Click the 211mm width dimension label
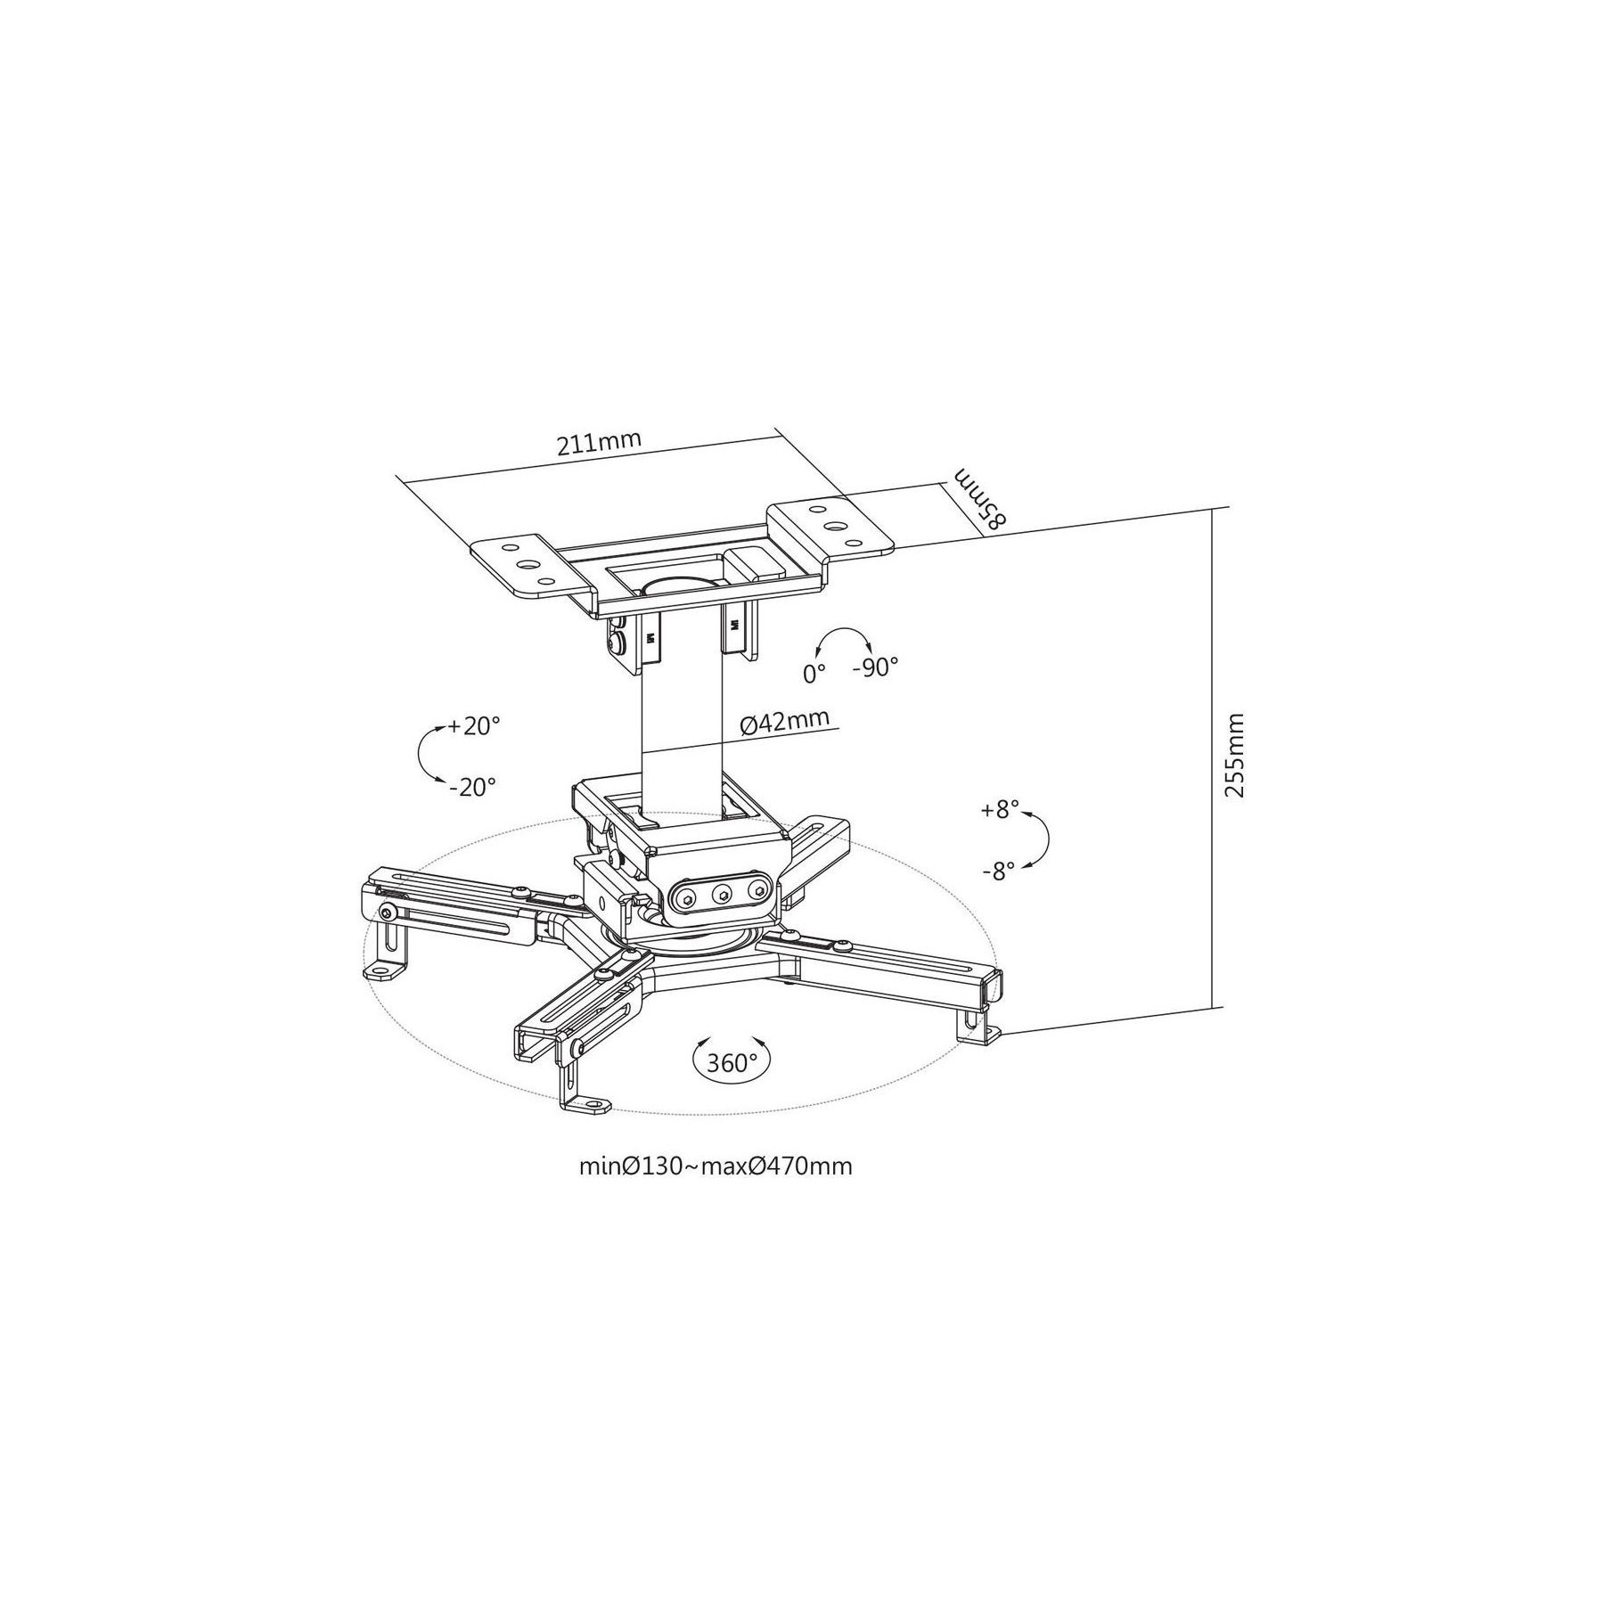599,444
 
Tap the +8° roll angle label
998,810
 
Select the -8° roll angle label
998,872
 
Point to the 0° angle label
814,674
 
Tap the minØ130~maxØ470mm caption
716,1166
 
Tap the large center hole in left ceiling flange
526,564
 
